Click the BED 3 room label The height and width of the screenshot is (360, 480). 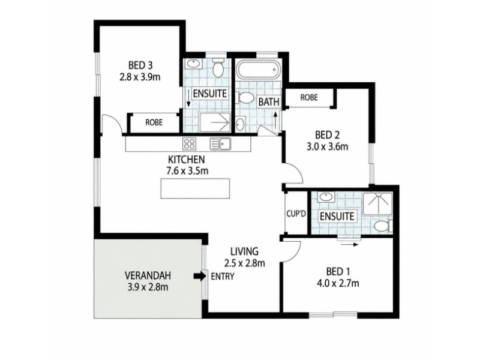pos(140,65)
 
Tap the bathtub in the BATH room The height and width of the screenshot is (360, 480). pos(259,70)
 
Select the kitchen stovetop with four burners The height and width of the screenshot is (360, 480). pos(189,143)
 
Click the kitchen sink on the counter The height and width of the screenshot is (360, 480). pos(221,143)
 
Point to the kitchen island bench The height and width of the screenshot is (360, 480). pos(195,188)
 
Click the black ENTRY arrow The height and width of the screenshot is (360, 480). pos(200,277)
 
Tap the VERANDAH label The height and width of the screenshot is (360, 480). pos(148,275)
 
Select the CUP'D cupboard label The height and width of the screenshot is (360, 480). pos(296,214)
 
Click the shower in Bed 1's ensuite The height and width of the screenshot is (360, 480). pos(377,203)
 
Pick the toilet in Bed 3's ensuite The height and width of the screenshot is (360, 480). pos(218,68)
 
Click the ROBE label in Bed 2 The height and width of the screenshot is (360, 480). pos(309,97)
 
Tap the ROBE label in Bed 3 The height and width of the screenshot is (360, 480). pos(154,122)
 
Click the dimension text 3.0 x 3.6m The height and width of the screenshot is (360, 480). pos(327,146)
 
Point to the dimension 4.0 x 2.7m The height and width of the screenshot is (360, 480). pos(338,283)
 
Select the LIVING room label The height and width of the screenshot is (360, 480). pos(244,251)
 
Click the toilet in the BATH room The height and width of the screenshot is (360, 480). pos(245,98)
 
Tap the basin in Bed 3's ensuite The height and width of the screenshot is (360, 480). pos(193,64)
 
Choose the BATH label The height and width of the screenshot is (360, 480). pos(269,102)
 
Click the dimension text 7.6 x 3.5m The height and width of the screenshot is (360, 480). pos(187,171)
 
